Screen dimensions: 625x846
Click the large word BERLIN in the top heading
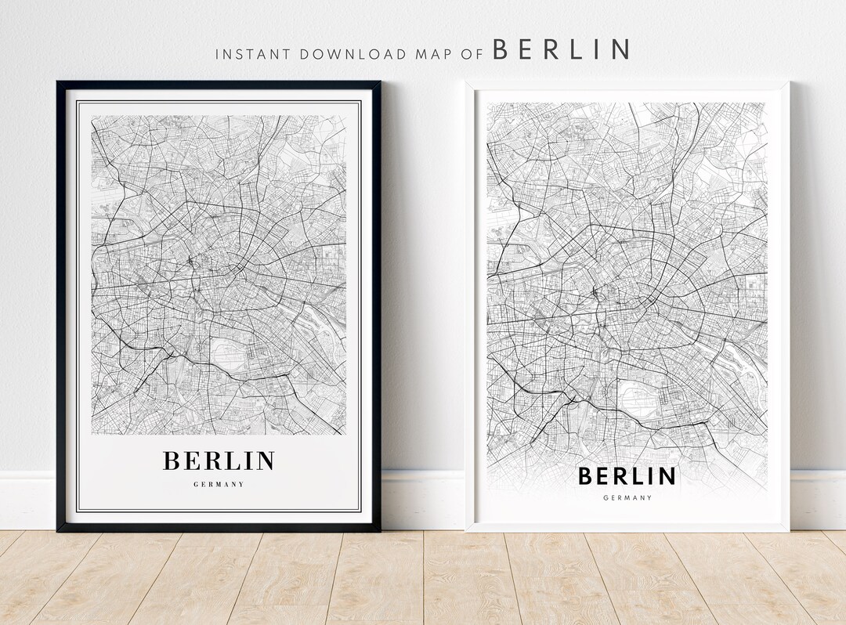click(560, 49)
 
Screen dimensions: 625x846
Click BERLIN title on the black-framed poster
click(219, 461)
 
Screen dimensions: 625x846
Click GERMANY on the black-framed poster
click(219, 484)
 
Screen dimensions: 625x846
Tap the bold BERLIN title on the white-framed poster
click(627, 476)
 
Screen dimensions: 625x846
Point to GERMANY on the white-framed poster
click(627, 497)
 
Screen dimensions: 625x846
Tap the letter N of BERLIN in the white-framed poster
click(667, 476)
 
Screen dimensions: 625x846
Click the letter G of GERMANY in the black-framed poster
click(196, 484)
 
